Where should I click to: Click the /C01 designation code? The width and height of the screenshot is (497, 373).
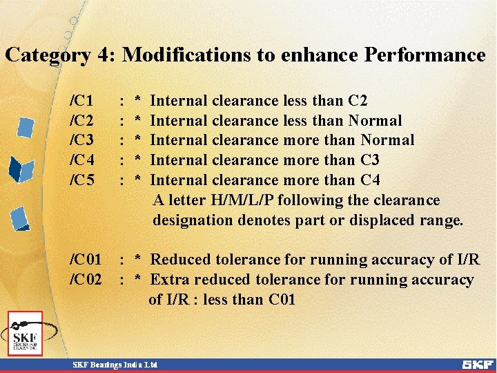coord(86,260)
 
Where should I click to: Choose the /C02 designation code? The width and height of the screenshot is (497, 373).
coord(86,280)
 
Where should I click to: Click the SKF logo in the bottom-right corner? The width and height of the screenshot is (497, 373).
coord(478,364)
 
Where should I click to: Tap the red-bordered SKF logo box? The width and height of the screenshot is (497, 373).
coord(26,333)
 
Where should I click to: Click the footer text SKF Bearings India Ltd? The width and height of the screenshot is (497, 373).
coord(116,364)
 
